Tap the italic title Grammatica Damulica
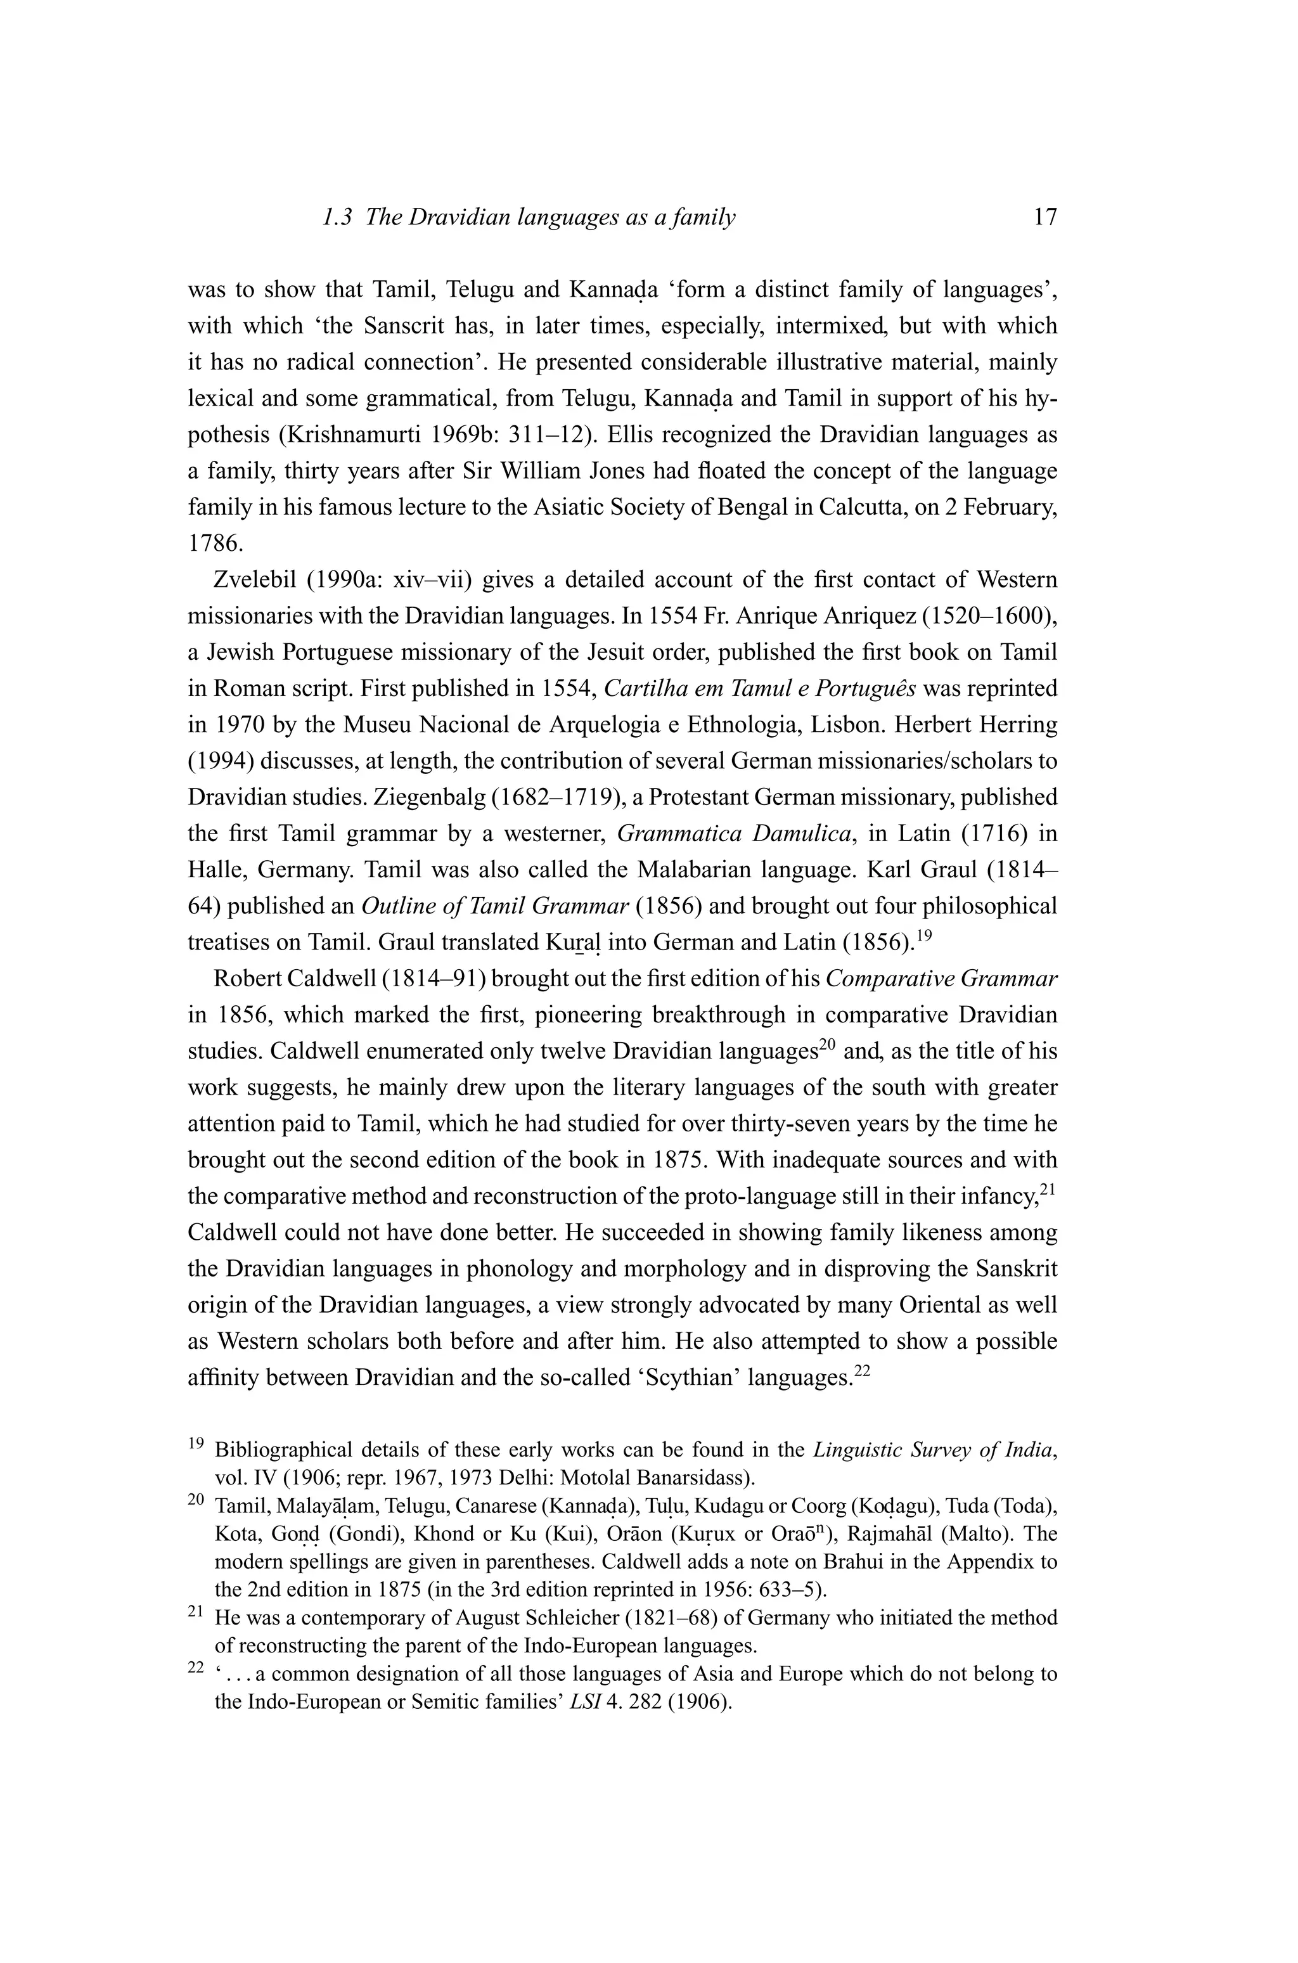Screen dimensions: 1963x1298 click(735, 833)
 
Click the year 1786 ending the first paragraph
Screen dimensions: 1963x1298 click(212, 543)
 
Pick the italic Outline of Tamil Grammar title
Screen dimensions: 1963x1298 click(495, 906)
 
